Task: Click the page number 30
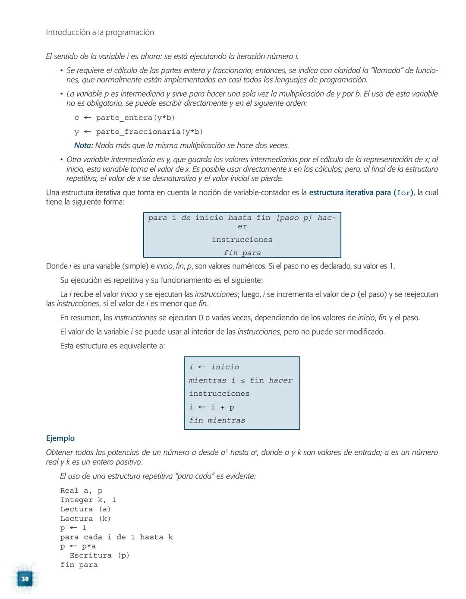click(x=25, y=579)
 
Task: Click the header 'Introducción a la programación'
click(x=100, y=32)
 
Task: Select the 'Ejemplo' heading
click(x=60, y=438)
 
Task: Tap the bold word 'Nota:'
click(x=83, y=145)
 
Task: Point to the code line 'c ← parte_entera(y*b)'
click(x=124, y=118)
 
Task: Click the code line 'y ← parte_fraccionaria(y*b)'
click(x=138, y=132)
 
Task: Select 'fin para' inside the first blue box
click(x=242, y=253)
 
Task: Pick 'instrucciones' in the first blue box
click(x=242, y=240)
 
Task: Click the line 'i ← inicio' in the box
click(x=214, y=367)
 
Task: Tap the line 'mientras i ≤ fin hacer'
click(x=240, y=380)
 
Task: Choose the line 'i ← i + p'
click(x=211, y=407)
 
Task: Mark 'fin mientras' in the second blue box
click(x=217, y=420)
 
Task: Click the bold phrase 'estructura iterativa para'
click(x=349, y=192)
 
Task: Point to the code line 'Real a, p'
click(x=81, y=491)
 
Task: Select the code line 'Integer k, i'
click(x=88, y=500)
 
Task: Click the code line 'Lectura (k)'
click(x=85, y=519)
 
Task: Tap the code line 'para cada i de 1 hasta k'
click(x=116, y=537)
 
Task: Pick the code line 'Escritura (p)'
click(x=99, y=555)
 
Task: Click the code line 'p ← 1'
click(x=73, y=528)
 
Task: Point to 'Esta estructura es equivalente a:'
click(x=112, y=346)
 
